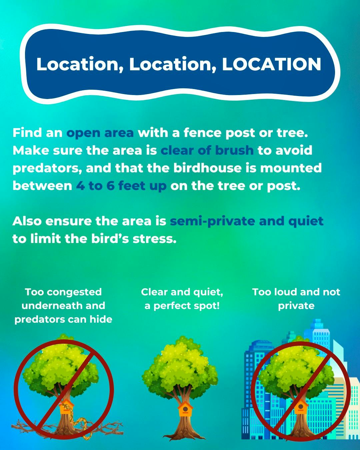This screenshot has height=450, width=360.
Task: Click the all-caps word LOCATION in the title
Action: click(272, 64)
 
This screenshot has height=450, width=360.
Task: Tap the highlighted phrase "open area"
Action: click(100, 133)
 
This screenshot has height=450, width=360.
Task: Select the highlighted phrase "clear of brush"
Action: click(207, 150)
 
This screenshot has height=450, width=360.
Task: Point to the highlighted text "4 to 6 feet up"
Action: click(121, 186)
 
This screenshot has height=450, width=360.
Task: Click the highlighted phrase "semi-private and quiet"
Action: click(247, 221)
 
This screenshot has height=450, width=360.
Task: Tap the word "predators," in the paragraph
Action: click(47, 168)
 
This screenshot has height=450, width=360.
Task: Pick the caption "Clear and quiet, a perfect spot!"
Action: click(182, 299)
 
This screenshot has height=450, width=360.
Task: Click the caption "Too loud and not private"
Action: click(296, 299)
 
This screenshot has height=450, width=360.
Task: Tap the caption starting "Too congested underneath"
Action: click(63, 305)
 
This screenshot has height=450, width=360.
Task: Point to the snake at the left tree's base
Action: click(82, 427)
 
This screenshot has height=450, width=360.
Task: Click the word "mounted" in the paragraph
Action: click(291, 168)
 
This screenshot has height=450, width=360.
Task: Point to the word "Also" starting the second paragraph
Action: click(27, 221)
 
